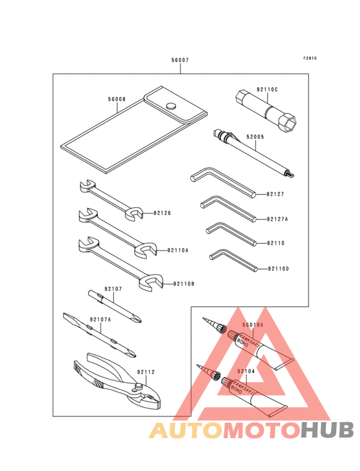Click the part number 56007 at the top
coord(180,60)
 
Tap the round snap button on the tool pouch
coord(171,106)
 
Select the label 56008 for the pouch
coord(117,99)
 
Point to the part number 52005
coord(255,137)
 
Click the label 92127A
coord(277,219)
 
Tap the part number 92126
coord(162,213)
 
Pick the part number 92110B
coord(184,284)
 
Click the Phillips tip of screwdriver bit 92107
coord(138,320)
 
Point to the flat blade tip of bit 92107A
coord(67,317)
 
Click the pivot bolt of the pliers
coord(138,385)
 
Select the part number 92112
coord(146,372)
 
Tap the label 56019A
coord(253,325)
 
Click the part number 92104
coord(246,371)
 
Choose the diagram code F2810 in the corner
coord(310,59)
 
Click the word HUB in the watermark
coord(328,430)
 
